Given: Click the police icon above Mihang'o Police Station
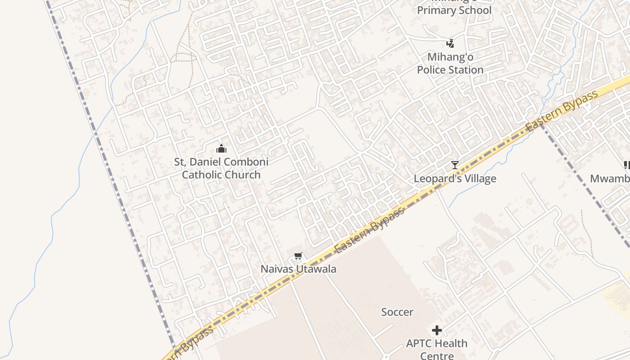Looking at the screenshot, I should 450,44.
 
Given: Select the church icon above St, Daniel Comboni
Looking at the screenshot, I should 221,148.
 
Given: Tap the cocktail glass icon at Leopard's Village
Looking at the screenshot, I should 455,165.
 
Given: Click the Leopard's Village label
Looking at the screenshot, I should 455,179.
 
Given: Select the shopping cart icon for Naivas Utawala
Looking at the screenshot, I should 297,256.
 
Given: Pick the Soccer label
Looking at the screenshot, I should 397,312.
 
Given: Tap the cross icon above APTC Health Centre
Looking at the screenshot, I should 436,331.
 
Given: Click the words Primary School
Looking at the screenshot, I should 454,10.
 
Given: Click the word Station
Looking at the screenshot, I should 466,70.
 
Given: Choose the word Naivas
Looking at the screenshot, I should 277,269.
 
